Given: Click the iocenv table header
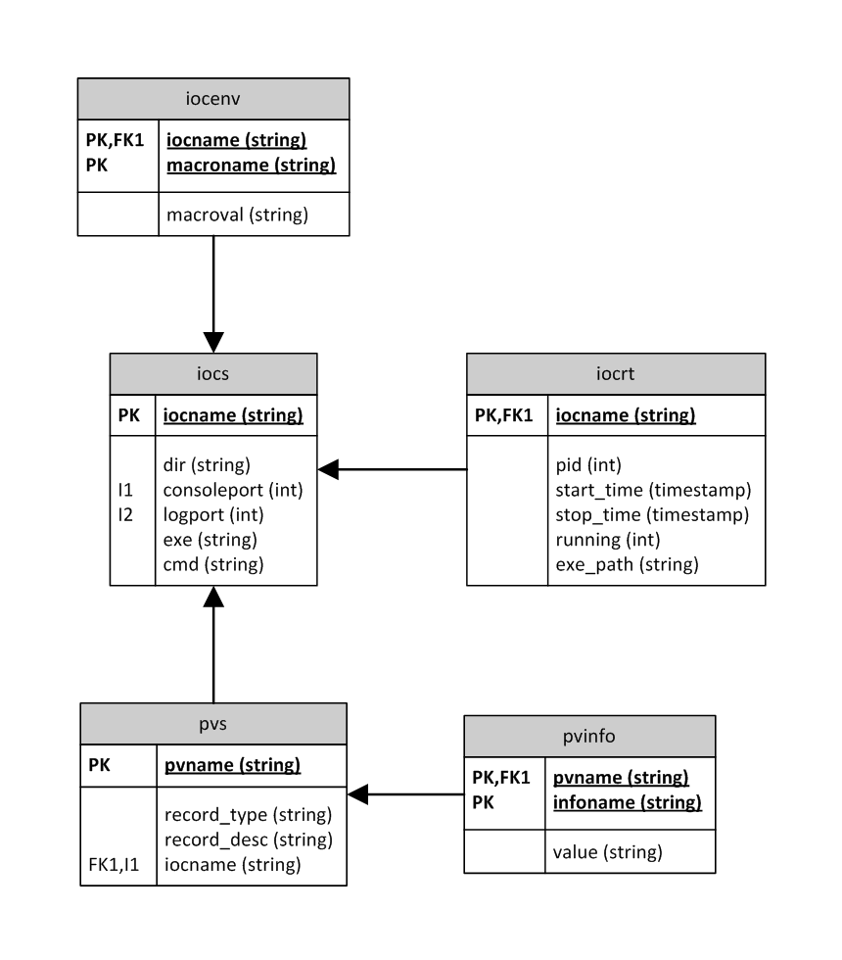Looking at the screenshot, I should point(212,99).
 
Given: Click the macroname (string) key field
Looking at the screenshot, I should point(252,165).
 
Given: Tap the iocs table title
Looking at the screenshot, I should point(212,373).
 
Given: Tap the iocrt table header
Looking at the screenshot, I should point(616,373).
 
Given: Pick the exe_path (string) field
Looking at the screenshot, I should point(627,563).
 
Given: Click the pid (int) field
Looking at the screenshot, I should point(588,464).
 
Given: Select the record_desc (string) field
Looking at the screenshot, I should point(249,839).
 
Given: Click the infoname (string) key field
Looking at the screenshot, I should point(627,803).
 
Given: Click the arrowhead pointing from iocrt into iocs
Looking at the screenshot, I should point(328,469).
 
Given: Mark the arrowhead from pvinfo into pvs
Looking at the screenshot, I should point(358,794).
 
